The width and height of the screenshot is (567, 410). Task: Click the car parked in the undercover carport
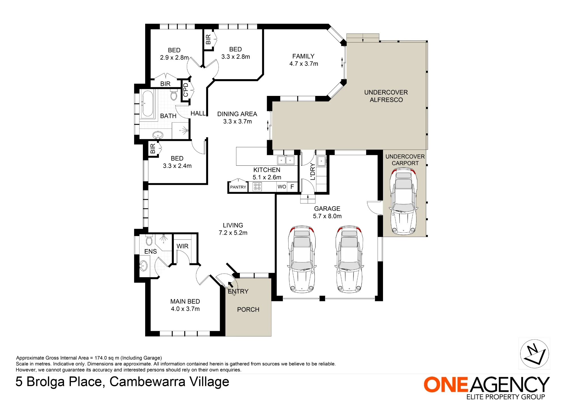point(403,201)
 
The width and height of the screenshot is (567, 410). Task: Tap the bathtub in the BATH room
point(147,103)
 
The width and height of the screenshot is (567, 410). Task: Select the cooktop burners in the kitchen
point(257,187)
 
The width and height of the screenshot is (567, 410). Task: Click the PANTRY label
point(238,187)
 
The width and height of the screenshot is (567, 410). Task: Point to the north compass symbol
point(534,354)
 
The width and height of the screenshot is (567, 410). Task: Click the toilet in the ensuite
point(149,240)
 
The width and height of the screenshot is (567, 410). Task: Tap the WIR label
point(182,246)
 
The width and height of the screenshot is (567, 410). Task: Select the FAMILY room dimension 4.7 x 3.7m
point(304,64)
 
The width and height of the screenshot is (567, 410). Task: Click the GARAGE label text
point(327,209)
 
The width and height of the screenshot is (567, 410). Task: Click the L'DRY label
point(312,171)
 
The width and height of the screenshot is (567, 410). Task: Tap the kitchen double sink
point(286,160)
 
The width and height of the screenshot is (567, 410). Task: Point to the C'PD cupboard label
point(186,90)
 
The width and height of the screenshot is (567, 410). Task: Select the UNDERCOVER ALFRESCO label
point(386,96)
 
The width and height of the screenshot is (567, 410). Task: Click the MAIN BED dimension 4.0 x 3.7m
point(185,309)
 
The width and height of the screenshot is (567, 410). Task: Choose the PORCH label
point(248,310)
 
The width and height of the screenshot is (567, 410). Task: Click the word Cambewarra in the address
point(147,382)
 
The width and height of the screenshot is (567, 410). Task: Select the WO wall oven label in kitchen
point(282,187)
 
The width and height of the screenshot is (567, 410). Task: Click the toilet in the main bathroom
point(174,95)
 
